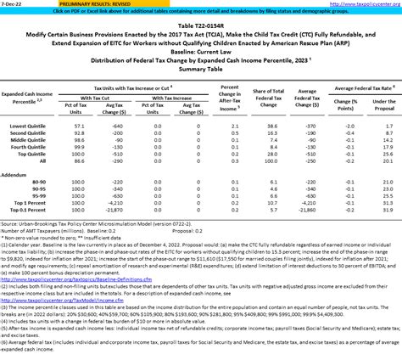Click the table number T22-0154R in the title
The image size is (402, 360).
point(200,26)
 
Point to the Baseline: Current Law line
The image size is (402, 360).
point(200,50)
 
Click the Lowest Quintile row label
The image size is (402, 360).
point(31,125)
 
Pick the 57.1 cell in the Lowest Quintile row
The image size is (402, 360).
point(81,125)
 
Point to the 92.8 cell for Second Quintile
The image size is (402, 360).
point(81,132)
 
